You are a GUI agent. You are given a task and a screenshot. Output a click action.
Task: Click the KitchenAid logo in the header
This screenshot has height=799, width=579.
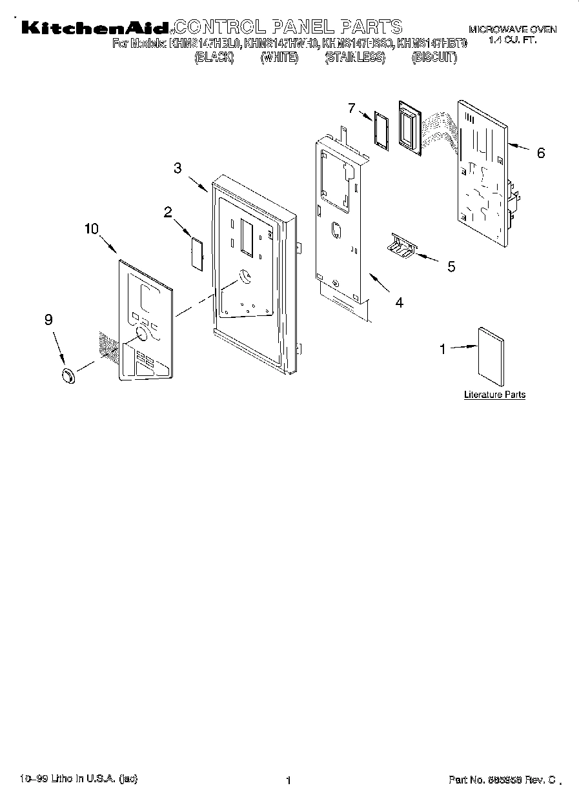[x=96, y=28]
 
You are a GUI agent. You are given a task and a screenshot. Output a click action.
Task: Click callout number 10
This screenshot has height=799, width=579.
[x=92, y=228]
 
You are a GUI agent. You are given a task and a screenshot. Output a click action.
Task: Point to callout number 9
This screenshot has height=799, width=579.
[x=48, y=319]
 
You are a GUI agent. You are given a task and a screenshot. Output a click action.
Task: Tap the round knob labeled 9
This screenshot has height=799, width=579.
[x=67, y=376]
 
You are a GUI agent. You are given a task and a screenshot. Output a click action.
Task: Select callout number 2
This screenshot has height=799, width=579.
[x=168, y=212]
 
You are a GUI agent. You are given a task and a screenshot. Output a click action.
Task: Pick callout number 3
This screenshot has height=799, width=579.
[x=177, y=168]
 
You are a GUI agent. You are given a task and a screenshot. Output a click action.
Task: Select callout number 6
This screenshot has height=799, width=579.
[x=541, y=153]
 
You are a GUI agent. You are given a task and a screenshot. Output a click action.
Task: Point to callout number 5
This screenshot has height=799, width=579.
[x=451, y=266]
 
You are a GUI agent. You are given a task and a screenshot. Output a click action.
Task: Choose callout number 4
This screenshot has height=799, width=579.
[x=400, y=302]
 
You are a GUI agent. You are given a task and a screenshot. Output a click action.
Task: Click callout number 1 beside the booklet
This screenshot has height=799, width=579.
[x=443, y=349]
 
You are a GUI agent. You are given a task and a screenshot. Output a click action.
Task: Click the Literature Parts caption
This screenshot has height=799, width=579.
[x=494, y=395]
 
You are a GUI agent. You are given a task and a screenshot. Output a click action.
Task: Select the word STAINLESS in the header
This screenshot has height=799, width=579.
[x=354, y=58]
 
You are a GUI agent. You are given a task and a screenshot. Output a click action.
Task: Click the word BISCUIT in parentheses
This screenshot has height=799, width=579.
[x=434, y=58]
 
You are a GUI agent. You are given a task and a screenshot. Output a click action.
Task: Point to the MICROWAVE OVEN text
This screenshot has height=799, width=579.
[x=513, y=30]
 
